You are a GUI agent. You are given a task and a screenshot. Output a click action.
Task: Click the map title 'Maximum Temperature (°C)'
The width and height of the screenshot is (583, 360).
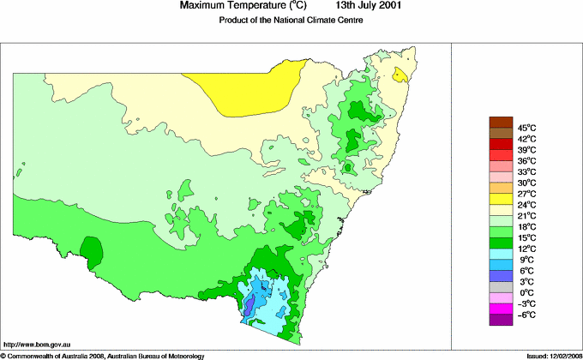[242, 6]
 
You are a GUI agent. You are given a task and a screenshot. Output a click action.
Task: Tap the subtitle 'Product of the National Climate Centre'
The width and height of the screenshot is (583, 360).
[291, 21]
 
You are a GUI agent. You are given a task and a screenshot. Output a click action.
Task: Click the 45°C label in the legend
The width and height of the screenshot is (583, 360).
[526, 128]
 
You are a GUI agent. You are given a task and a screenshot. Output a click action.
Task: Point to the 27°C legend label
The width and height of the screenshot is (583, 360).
[526, 194]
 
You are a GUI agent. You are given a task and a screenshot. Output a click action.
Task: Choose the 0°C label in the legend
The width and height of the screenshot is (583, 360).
[526, 293]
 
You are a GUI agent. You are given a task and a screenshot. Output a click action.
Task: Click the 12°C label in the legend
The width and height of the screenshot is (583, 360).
[526, 249]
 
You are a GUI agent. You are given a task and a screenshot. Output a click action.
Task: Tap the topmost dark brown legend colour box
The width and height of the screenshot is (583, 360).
[500, 122]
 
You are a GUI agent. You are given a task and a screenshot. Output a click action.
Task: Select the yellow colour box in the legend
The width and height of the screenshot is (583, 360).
[500, 199]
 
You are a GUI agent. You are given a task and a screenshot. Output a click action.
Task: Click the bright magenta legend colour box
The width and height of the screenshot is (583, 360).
[500, 309]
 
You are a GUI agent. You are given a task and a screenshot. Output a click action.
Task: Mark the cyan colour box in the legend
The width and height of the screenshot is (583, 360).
[500, 254]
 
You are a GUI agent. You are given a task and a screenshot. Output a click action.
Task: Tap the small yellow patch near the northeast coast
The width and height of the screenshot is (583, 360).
[399, 75]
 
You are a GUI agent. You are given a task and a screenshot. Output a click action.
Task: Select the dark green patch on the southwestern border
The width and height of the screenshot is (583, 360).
[91, 249]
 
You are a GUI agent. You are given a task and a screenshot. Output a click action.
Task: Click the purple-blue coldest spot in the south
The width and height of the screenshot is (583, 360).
[249, 303]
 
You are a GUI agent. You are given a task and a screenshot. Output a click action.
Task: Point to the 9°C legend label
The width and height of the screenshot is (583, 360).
[526, 260]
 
